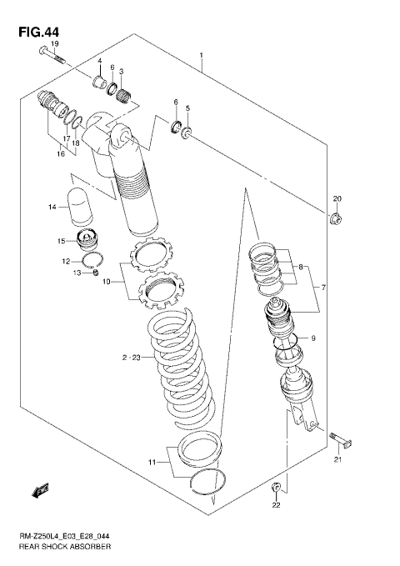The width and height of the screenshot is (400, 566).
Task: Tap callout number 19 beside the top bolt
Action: click(x=54, y=43)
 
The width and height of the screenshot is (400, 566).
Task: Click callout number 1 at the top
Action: click(x=202, y=56)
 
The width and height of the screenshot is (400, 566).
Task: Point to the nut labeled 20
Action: click(x=337, y=220)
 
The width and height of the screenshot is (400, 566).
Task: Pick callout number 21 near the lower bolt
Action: click(x=338, y=459)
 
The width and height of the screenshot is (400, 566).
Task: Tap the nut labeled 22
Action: click(x=277, y=486)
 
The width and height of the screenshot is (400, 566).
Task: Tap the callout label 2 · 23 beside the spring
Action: click(x=132, y=358)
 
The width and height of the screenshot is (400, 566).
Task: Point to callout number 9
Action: click(x=313, y=338)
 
